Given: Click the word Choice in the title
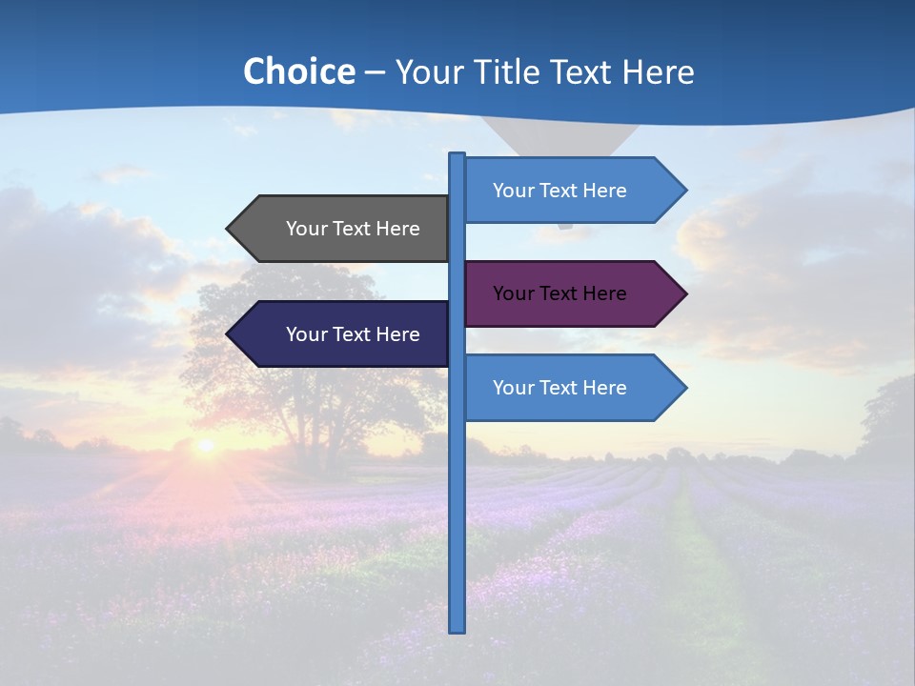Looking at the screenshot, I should pos(298,71).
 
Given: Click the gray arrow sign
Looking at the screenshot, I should pos(343,229).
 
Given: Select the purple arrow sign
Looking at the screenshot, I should pos(572,293).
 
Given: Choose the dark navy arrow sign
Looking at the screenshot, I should pos(343,334).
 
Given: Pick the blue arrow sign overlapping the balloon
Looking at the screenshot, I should pos(572,191).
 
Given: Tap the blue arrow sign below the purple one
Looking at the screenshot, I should pos(572,388).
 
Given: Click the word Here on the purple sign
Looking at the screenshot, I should pos(603,293).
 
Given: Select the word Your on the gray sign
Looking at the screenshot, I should pos(306,229).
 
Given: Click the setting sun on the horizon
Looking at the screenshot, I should pos(205,445).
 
